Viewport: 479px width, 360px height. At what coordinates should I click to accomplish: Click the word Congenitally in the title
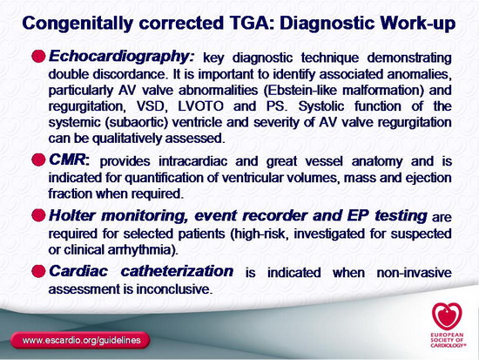coord(78,24)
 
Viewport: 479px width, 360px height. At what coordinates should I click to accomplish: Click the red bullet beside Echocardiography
coord(38,57)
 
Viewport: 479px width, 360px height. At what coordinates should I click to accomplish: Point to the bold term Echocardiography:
coord(122,57)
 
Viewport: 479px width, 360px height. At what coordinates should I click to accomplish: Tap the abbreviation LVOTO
coord(200,106)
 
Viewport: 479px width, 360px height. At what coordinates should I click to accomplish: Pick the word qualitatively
coord(127,139)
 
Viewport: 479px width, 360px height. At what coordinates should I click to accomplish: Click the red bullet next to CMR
coord(38,160)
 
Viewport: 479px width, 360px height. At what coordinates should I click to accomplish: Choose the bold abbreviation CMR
coord(68,160)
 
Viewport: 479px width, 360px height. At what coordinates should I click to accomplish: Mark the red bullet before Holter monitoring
coord(38,215)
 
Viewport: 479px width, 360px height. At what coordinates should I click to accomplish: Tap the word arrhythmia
coord(141,250)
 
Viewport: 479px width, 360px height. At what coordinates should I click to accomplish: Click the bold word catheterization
coord(177,271)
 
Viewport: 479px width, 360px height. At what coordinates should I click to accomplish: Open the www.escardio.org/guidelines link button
coord(80,340)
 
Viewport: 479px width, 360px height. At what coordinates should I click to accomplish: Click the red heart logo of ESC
coord(447,316)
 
